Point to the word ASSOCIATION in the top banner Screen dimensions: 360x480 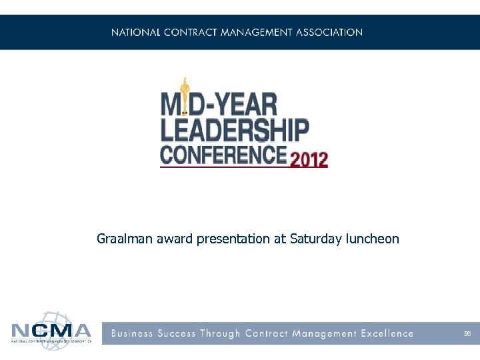pyautogui.click(x=329, y=32)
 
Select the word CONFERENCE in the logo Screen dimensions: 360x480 pyautogui.click(x=223, y=156)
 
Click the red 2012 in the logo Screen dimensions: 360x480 pyautogui.click(x=308, y=160)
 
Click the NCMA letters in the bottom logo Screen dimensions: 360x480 pyautogui.click(x=51, y=331)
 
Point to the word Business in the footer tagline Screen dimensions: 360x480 pyautogui.click(x=132, y=333)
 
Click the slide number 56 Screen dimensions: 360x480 pyautogui.click(x=467, y=333)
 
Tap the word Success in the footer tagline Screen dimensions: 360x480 pyautogui.click(x=179, y=333)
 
